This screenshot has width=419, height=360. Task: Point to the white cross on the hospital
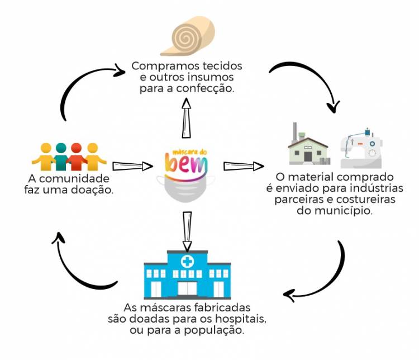click(187, 261)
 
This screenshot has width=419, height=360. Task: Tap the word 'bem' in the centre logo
click(187, 165)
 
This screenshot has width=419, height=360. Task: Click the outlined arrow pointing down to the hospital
click(187, 229)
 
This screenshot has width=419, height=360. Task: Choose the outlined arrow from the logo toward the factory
click(244, 166)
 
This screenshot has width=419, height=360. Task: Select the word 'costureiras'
click(375, 200)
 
